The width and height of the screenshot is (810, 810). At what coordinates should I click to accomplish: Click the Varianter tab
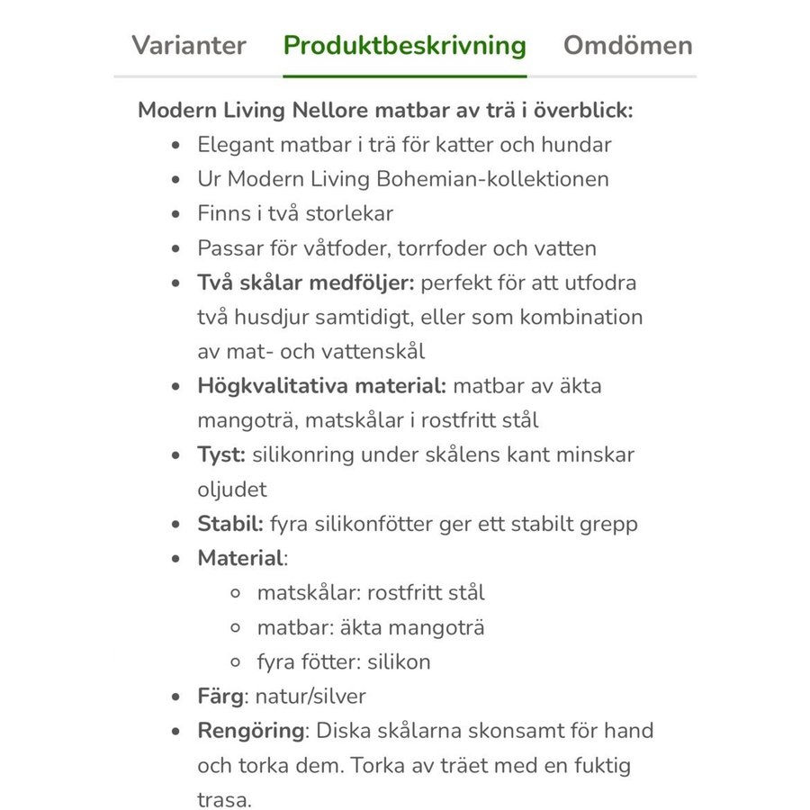click(x=188, y=46)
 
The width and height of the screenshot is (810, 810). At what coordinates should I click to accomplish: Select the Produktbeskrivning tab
click(x=404, y=46)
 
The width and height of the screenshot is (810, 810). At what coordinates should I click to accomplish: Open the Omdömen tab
click(x=627, y=46)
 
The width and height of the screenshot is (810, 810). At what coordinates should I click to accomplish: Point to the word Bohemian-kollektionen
click(x=512, y=179)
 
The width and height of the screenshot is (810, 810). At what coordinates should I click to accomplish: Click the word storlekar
click(x=345, y=213)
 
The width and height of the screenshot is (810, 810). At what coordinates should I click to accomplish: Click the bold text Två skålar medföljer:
click(x=305, y=283)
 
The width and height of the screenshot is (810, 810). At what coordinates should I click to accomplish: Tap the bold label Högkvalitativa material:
click(x=321, y=386)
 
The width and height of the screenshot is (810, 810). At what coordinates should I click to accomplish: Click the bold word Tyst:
click(x=221, y=454)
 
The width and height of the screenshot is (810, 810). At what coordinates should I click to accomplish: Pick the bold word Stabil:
click(x=230, y=524)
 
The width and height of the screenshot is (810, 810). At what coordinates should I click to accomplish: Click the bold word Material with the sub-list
click(x=240, y=558)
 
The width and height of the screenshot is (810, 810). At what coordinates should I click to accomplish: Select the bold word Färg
click(x=220, y=696)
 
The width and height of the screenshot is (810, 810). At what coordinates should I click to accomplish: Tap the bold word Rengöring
click(x=251, y=730)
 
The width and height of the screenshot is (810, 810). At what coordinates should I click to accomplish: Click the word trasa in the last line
click(x=223, y=799)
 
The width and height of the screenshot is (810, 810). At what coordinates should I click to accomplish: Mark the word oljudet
click(x=232, y=489)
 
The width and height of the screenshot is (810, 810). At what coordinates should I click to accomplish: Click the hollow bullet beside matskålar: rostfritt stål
click(x=236, y=593)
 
